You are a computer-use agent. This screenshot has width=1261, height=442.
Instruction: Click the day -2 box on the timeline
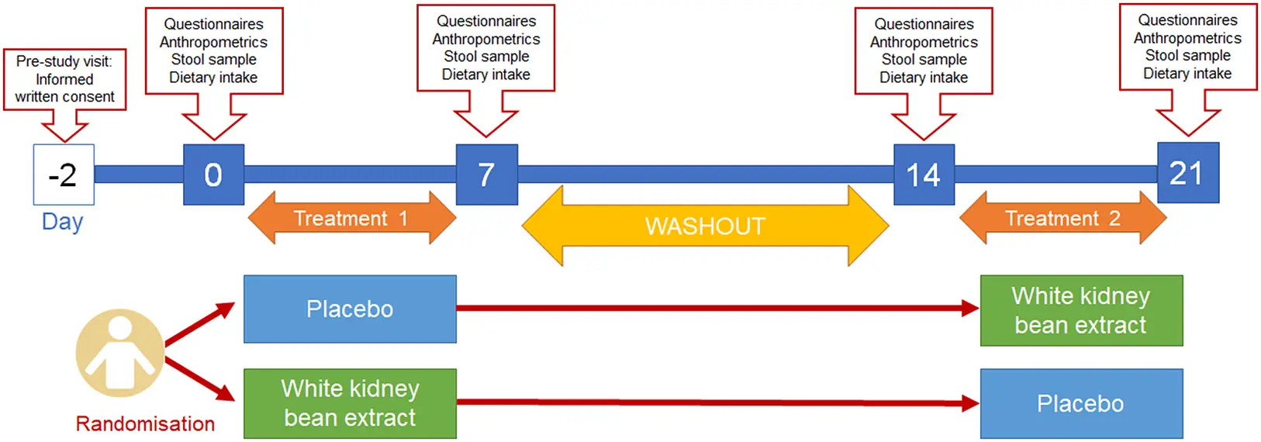(x=64, y=174)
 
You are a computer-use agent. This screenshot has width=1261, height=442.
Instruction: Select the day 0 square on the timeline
(x=213, y=174)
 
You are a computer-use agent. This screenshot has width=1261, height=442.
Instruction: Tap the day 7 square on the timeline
(x=486, y=174)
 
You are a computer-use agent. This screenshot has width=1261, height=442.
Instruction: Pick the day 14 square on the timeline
(x=924, y=174)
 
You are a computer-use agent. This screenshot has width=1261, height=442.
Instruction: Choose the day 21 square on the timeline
(x=1187, y=173)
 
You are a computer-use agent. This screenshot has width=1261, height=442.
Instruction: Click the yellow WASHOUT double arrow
(x=705, y=226)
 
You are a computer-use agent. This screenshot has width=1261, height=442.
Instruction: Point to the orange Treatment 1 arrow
(x=351, y=218)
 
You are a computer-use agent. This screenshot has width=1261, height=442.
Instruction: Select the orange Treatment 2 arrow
(x=1062, y=218)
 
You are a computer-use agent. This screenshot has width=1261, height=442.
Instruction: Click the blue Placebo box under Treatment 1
(x=350, y=309)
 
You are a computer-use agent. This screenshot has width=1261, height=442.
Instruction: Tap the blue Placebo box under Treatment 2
(x=1081, y=403)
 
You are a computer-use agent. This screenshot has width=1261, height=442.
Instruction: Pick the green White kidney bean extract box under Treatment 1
(x=350, y=403)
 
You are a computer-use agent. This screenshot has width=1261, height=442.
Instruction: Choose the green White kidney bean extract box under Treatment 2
(x=1081, y=310)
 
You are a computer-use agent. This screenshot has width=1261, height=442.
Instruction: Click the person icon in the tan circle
(x=119, y=353)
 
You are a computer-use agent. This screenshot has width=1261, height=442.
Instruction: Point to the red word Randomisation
(x=145, y=423)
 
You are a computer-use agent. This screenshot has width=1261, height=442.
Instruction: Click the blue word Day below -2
(x=62, y=222)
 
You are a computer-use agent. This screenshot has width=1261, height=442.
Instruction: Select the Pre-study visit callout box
(x=64, y=79)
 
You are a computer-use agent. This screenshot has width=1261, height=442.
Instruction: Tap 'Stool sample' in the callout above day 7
(x=486, y=57)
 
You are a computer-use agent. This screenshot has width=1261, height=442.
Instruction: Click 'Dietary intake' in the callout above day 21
(x=1187, y=74)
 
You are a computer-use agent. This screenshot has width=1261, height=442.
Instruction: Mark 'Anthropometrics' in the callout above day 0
(x=213, y=42)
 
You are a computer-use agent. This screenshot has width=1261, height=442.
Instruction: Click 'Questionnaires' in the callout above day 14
(x=924, y=24)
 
